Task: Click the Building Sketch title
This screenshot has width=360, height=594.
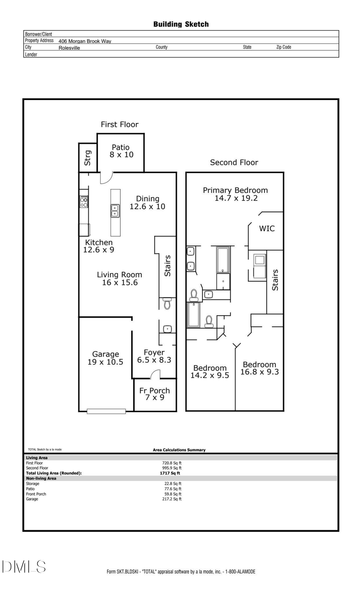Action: coord(181,24)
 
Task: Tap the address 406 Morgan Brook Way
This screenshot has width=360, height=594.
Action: coord(85,41)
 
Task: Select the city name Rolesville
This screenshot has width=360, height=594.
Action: coord(69,48)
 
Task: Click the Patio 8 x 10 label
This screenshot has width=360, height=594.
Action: coord(121,151)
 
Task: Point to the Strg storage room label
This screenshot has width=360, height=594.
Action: coord(88,158)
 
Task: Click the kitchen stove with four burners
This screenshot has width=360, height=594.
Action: coord(84,201)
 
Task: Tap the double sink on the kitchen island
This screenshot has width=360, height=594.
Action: coord(115,211)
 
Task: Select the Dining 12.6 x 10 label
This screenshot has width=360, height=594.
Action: coord(147,203)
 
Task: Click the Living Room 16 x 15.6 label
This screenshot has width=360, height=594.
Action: coord(120,279)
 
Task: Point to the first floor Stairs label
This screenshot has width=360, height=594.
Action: coord(168,266)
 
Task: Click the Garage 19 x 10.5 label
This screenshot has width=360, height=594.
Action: coord(105,358)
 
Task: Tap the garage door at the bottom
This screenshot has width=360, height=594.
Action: coord(106,411)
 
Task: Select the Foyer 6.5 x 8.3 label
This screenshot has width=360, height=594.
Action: coord(154,356)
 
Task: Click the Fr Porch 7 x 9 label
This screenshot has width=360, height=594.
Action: coord(154,394)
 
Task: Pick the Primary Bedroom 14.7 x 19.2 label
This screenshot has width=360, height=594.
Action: coord(235,194)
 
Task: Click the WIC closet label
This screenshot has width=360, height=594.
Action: coord(267,229)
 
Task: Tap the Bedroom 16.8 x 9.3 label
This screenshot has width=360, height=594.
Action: coord(259,368)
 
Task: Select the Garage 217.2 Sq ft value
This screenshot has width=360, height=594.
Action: coord(172,499)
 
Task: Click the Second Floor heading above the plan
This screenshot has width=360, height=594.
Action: coord(234,163)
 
